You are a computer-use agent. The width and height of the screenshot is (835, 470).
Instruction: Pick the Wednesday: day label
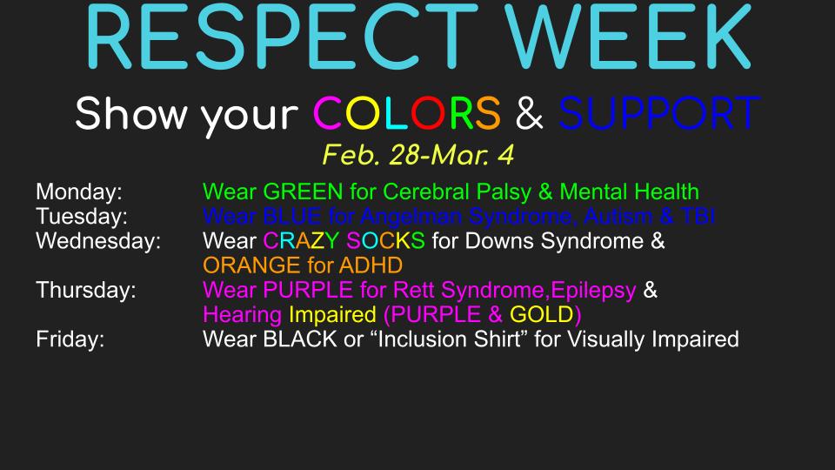pyautogui.click(x=98, y=240)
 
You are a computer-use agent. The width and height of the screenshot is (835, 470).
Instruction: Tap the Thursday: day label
pyautogui.click(x=85, y=290)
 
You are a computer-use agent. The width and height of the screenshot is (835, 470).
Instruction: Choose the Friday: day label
pyautogui.click(x=70, y=339)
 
